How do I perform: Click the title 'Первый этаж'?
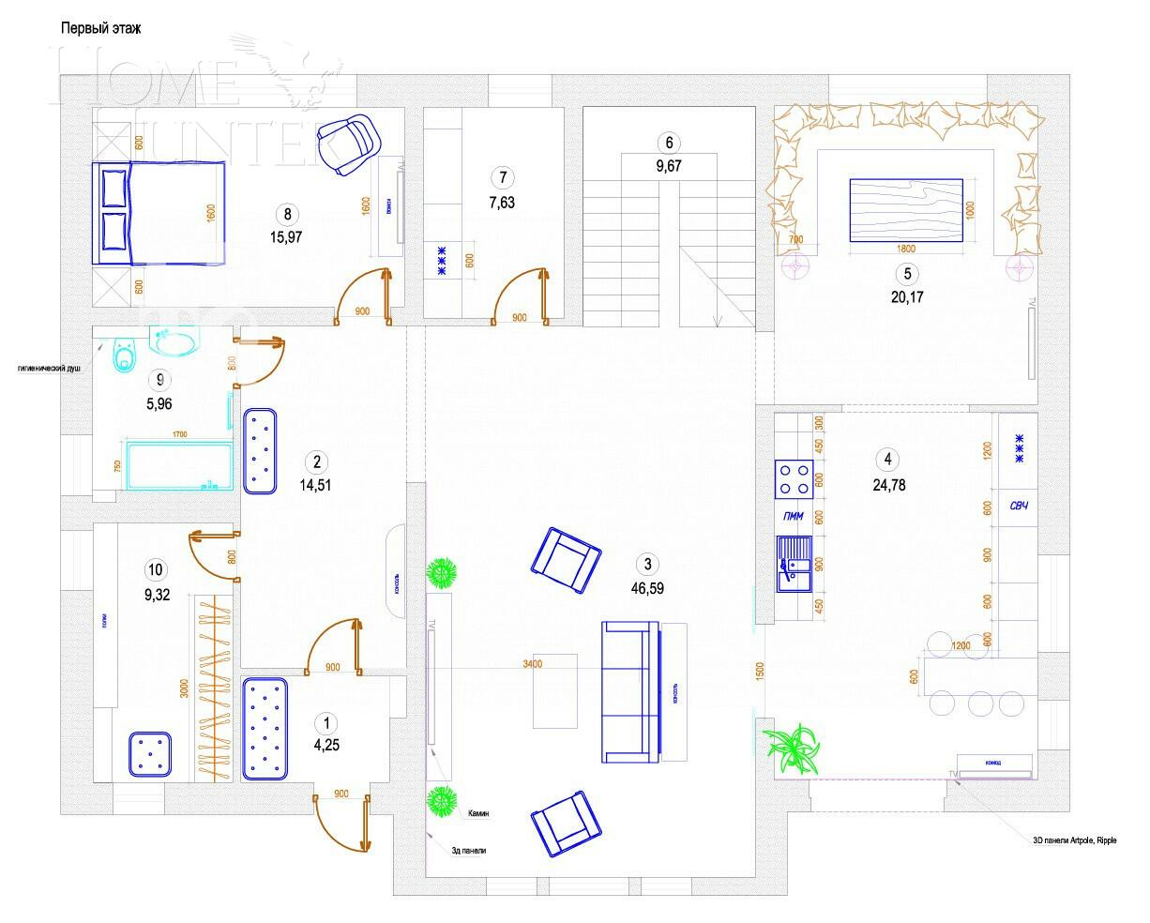pos(100,28)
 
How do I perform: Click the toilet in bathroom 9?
pos(124,355)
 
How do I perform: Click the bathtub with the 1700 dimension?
pos(177,467)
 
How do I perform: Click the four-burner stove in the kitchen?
pos(793,479)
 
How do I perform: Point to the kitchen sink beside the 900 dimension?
pos(793,566)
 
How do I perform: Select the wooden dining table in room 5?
pos(906,210)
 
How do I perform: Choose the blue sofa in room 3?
pos(632,690)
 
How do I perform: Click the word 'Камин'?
pos(478,813)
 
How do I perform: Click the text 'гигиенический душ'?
pos(49,369)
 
